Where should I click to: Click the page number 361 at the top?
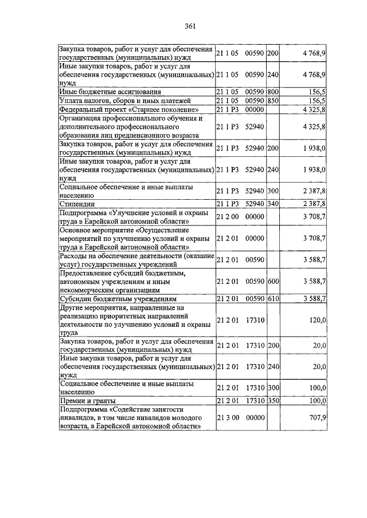coord(191,26)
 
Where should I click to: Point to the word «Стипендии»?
coord(77,203)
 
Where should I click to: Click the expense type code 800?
coord(272,92)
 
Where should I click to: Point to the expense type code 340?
coord(272,203)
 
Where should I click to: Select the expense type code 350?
coord(272,401)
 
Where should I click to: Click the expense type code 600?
coord(272,281)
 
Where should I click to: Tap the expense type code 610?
coord(272,299)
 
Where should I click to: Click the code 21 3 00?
coord(227,418)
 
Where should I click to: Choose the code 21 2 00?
coord(227,217)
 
